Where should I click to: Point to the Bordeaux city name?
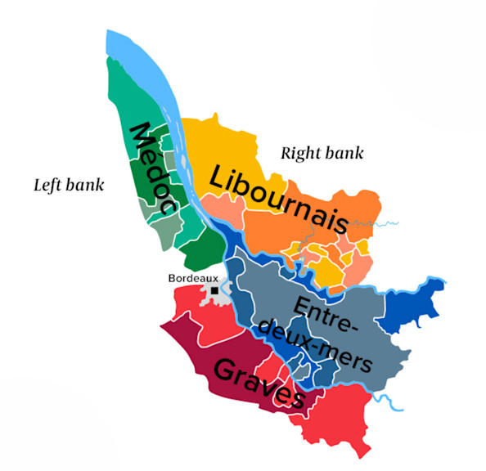click(x=193, y=278)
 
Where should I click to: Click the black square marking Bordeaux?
click(x=215, y=290)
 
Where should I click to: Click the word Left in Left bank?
click(x=47, y=185)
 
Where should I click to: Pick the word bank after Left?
click(x=85, y=185)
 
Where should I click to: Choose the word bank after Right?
click(x=345, y=153)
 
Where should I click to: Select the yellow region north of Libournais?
click(x=221, y=143)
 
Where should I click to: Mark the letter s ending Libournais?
click(x=354, y=224)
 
